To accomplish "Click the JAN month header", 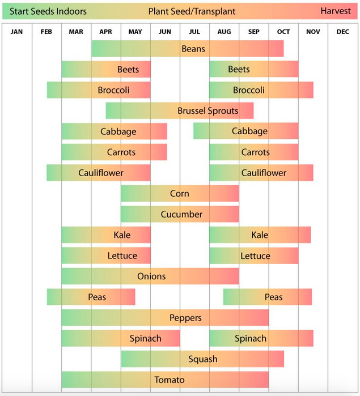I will click(x=17, y=32).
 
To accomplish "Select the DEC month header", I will click(x=342, y=32).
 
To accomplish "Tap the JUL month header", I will click(x=194, y=32).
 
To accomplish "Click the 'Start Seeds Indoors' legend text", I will click(x=48, y=11).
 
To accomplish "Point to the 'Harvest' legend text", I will click(x=336, y=11).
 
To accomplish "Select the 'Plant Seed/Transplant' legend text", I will click(x=192, y=11).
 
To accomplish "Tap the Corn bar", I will click(x=180, y=194).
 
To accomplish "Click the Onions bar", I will click(x=150, y=276).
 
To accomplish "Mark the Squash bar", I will click(x=202, y=359).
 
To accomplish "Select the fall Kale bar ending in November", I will click(x=260, y=235).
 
